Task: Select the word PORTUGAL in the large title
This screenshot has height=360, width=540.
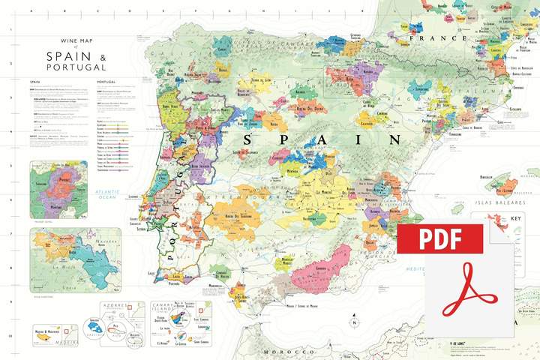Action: click(x=76, y=68)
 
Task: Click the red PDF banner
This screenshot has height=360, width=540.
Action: click(x=439, y=238)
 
